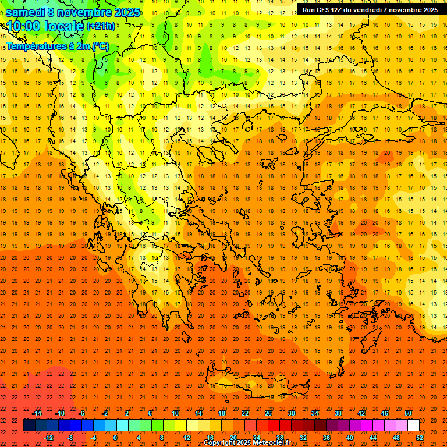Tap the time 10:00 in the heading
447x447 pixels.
26,27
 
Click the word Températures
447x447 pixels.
34,46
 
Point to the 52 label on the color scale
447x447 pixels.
420,438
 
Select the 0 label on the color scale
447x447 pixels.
116,438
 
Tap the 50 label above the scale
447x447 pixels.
408,413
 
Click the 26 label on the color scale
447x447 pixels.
268,413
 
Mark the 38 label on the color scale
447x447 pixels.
338,413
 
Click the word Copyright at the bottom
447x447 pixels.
220,443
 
